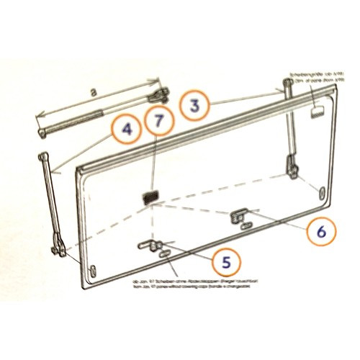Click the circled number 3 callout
click(194, 106)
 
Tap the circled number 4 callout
click(127, 130)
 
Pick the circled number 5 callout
click(226, 263)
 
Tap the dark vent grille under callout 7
click(150, 196)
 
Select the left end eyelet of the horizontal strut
click(42, 131)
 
